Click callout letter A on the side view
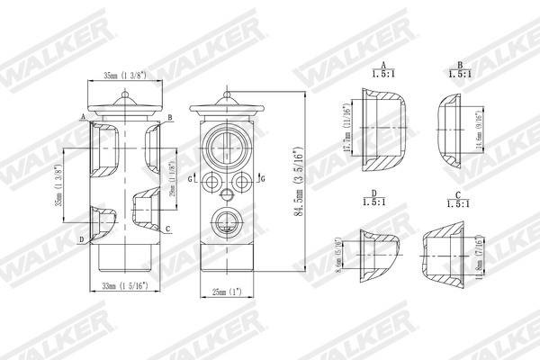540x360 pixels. click(x=83, y=118)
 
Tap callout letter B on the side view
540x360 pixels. click(x=170, y=118)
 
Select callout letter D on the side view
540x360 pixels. click(x=82, y=239)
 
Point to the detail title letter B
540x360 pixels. click(x=460, y=66)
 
